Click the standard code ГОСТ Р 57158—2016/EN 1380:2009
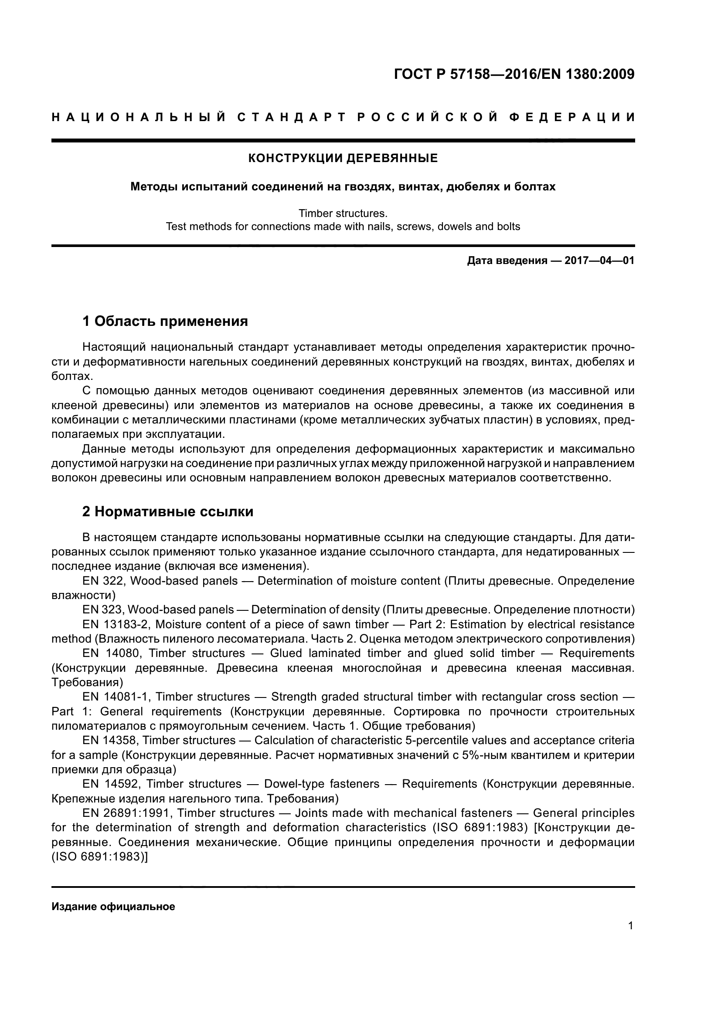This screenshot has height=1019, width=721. tap(514, 74)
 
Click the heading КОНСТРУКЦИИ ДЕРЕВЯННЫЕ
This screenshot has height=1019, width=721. tap(343, 159)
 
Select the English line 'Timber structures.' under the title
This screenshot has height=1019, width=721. tap(343, 213)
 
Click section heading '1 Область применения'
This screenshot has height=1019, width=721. tap(165, 321)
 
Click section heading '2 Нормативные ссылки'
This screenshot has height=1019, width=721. tap(168, 512)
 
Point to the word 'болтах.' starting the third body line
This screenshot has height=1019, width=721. tap(72, 376)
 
